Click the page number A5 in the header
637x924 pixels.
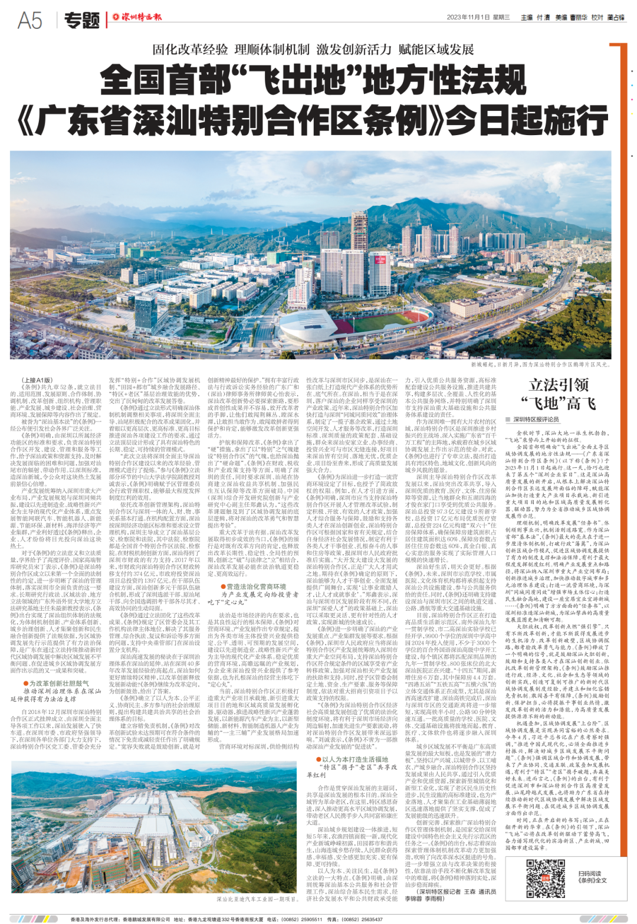pyautogui.click(x=30, y=20)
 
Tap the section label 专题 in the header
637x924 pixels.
pyautogui.click(x=82, y=21)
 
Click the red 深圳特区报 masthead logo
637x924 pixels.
pyautogui.click(x=137, y=18)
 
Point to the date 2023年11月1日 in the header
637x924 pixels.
pyautogui.click(x=469, y=18)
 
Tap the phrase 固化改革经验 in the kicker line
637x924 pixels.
pyautogui.click(x=190, y=49)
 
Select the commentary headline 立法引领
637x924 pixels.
pyautogui.click(x=559, y=385)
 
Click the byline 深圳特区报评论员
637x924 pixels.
pyautogui.click(x=536, y=420)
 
